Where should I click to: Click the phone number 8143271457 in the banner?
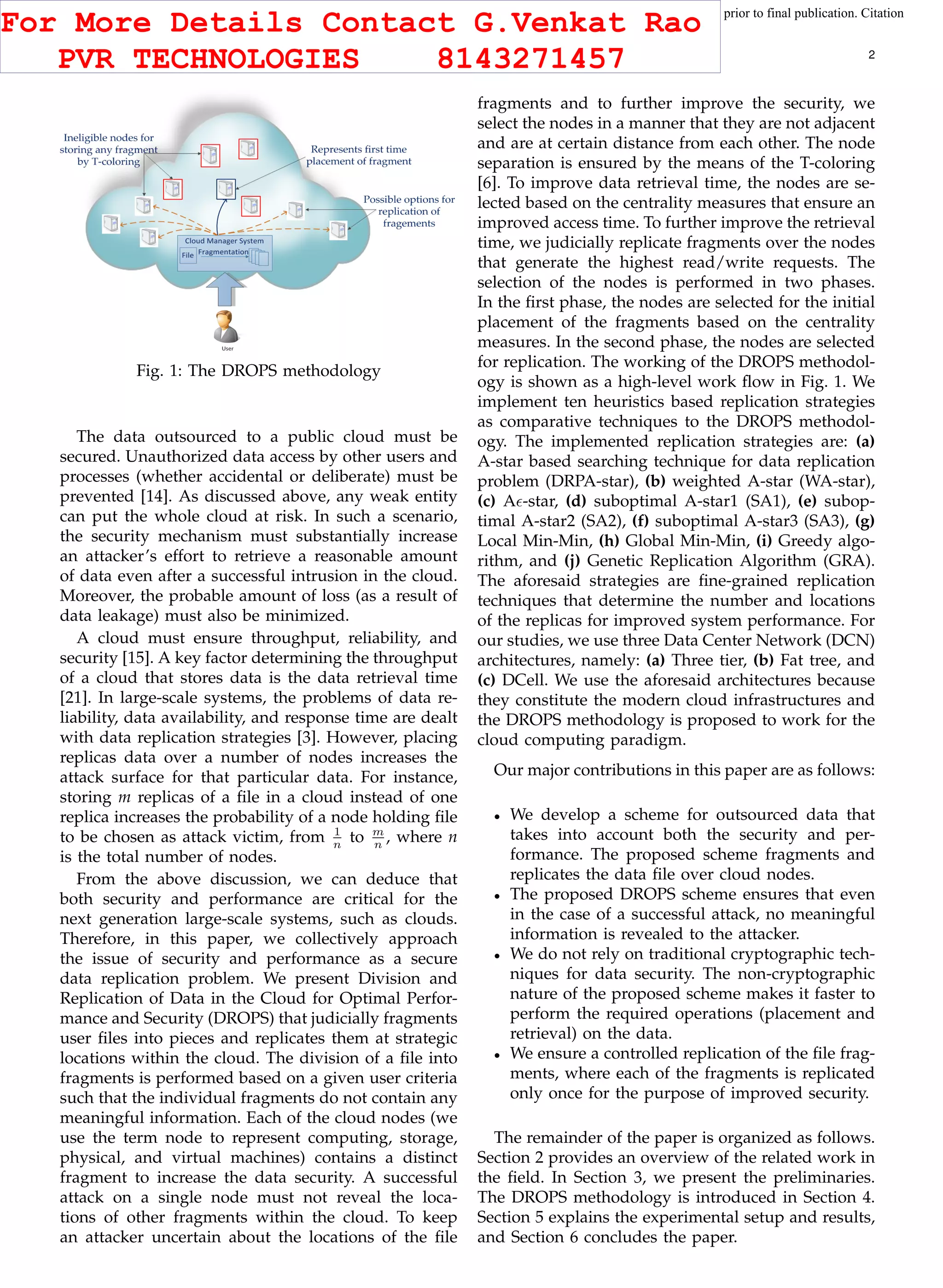pos(530,59)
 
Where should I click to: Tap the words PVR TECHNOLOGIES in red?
pos(208,59)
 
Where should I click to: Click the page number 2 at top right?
pos(871,55)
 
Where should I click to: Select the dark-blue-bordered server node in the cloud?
pos(226,188)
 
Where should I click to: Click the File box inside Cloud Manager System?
pos(188,255)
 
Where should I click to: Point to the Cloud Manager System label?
pos(224,241)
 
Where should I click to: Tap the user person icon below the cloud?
pos(227,327)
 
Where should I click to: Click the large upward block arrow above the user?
pos(226,289)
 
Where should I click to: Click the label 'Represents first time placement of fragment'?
pos(359,155)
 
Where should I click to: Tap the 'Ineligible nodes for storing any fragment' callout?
pos(109,150)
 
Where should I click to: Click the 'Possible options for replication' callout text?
pos(409,211)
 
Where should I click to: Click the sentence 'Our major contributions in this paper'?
pos(684,770)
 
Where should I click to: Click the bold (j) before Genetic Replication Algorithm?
pos(572,561)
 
